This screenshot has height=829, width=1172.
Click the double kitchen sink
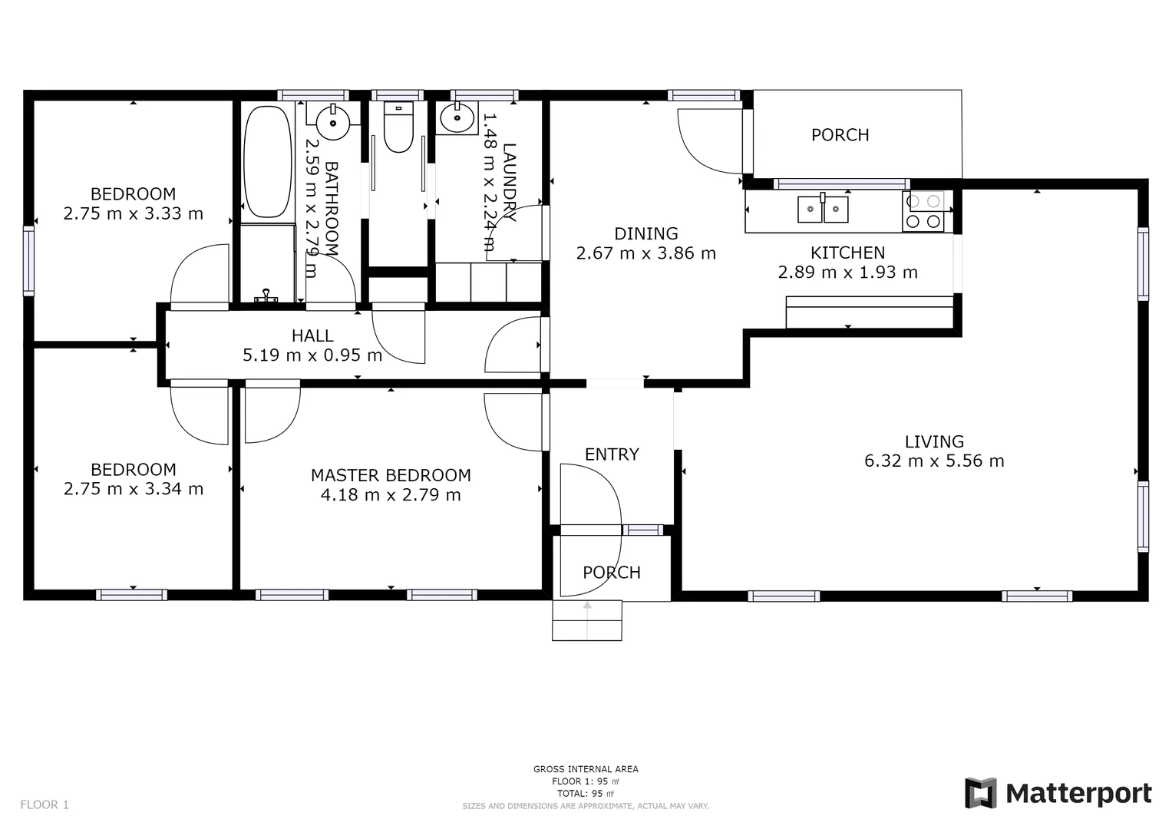[823, 209]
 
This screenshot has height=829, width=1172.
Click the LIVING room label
[934, 441]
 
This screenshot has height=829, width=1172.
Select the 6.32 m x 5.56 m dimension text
[934, 461]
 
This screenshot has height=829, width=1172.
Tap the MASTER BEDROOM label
[391, 475]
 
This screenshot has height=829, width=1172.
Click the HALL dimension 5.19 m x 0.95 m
[312, 355]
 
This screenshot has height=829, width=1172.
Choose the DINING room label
[646, 233]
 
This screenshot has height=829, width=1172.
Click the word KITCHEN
[847, 253]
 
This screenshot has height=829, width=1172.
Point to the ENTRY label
[612, 454]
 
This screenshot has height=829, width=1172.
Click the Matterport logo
[1058, 793]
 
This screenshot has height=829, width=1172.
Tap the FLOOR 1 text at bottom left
[45, 804]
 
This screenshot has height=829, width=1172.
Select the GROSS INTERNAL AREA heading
[586, 769]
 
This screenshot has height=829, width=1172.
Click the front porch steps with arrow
[587, 620]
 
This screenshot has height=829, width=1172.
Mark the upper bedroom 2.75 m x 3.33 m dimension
[134, 214]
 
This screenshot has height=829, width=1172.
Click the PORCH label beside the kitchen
[840, 135]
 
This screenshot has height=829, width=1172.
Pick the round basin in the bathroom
[333, 121]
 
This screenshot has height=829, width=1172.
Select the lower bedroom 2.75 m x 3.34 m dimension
[134, 489]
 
